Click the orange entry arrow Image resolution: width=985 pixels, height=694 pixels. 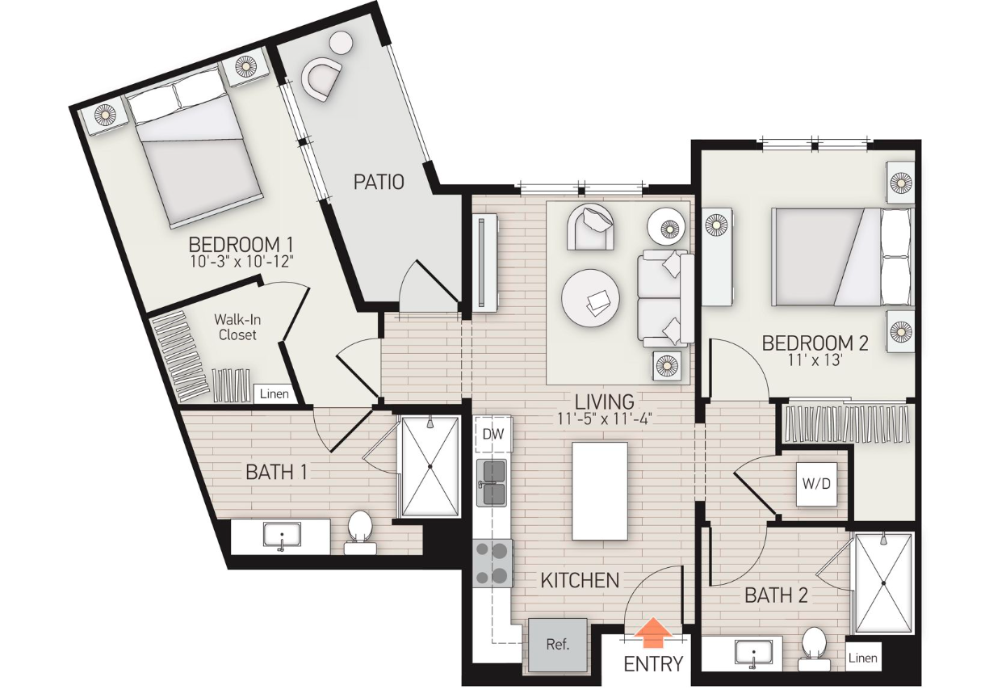click(653, 633)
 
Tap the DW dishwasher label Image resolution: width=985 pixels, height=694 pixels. click(493, 435)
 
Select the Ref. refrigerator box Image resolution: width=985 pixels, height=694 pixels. click(558, 646)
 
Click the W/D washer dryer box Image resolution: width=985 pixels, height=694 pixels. click(816, 484)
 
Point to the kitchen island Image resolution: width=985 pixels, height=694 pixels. click(600, 491)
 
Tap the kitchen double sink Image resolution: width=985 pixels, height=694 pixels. click(492, 483)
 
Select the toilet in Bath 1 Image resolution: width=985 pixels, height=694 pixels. click(360, 532)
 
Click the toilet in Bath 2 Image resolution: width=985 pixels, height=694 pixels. click(814, 649)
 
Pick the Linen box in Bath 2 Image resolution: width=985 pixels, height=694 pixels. click(863, 658)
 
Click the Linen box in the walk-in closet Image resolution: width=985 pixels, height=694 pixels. click(274, 393)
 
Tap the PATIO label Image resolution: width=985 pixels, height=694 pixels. click(379, 182)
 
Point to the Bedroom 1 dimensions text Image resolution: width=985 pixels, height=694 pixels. click(241, 262)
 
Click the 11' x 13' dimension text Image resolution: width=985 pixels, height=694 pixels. click(815, 360)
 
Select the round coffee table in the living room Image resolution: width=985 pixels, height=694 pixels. click(590, 298)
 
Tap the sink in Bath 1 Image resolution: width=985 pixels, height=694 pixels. click(282, 536)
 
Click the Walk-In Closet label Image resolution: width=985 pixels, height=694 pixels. click(237, 327)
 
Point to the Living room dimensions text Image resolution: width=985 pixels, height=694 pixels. click(604, 419)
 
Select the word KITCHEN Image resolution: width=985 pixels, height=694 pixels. click(580, 581)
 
